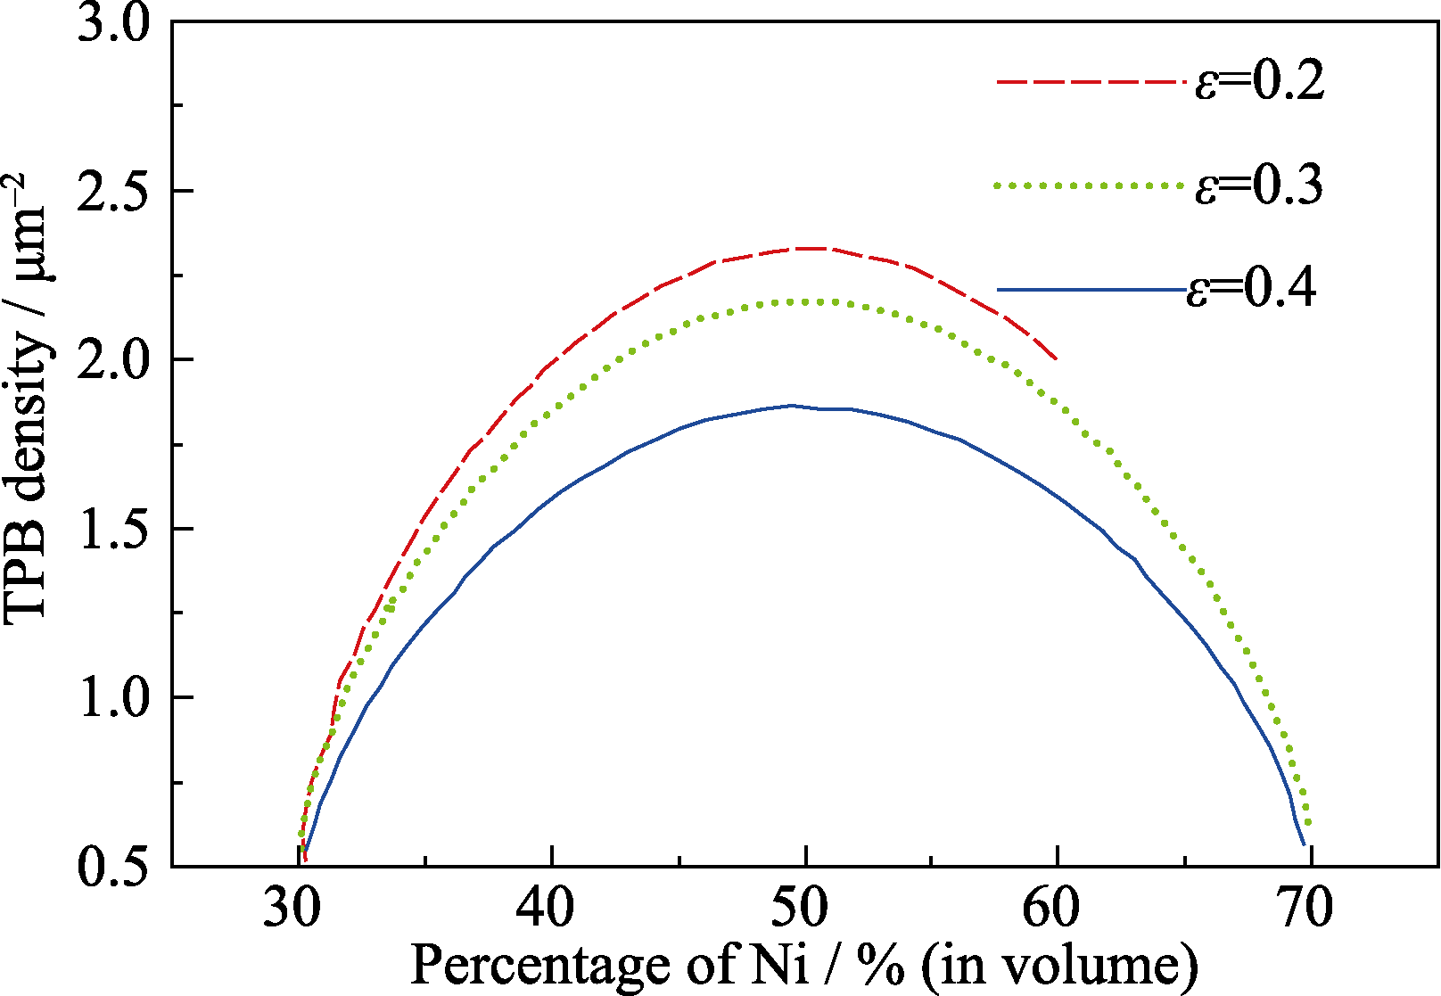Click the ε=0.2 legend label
[1259, 82]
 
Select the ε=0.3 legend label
[1259, 185]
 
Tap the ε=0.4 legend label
[1251, 289]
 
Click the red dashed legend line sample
[1091, 82]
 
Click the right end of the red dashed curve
[1057, 359]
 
